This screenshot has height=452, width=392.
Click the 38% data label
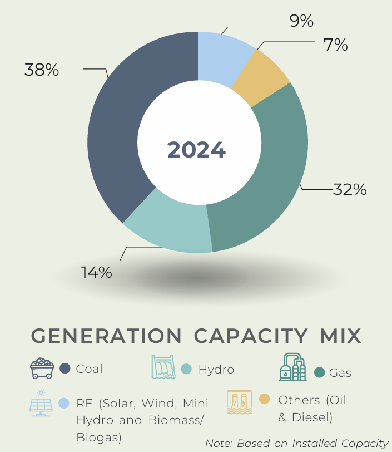pyautogui.click(x=42, y=70)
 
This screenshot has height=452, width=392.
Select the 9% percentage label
pyautogui.click(x=301, y=21)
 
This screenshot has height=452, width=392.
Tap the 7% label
pyautogui.click(x=336, y=45)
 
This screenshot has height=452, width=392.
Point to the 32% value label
pyautogui.click(x=350, y=190)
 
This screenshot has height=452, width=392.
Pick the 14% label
pyautogui.click(x=97, y=273)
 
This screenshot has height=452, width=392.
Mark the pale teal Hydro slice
pyautogui.click(x=167, y=223)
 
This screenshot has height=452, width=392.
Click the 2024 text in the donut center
pyautogui.click(x=196, y=150)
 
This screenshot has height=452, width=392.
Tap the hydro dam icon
pyautogui.click(x=163, y=367)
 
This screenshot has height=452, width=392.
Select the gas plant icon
pyautogui.click(x=292, y=367)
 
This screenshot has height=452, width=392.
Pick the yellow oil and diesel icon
pyautogui.click(x=239, y=402)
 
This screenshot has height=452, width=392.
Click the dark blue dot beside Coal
pyautogui.click(x=64, y=369)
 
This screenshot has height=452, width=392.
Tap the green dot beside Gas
pyautogui.click(x=319, y=372)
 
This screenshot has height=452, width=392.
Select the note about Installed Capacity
pyautogui.click(x=296, y=443)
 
